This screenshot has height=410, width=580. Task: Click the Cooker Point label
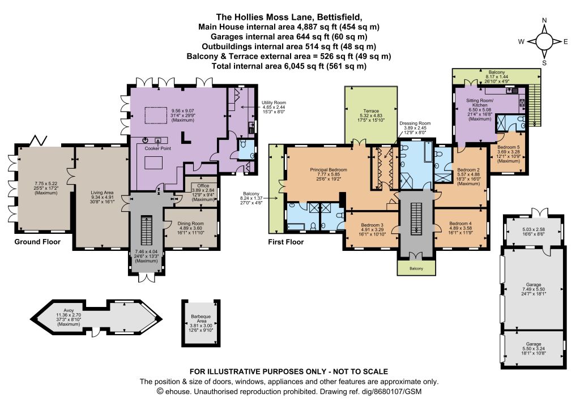click(x=158, y=148)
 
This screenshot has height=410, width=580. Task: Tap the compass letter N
click(x=544, y=21)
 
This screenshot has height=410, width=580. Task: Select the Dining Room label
click(x=190, y=223)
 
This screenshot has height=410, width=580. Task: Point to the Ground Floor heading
click(x=37, y=242)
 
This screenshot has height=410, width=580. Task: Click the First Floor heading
click(x=286, y=242)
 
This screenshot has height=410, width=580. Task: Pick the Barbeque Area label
click(x=201, y=319)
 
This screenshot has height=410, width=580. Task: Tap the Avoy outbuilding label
click(x=69, y=310)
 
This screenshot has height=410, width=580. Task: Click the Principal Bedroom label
click(x=329, y=170)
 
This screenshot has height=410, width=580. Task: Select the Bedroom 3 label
click(x=372, y=225)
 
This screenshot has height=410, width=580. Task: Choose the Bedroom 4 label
click(x=460, y=223)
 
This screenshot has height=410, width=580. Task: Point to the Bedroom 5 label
click(x=509, y=147)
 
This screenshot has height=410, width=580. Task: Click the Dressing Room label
click(x=415, y=123)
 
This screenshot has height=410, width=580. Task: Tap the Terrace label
click(x=371, y=111)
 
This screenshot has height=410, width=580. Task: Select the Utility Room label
click(x=274, y=103)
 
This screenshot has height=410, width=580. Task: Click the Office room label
click(x=203, y=186)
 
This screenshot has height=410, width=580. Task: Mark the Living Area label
click(x=102, y=193)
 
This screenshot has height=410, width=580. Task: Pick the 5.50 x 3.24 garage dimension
click(x=534, y=349)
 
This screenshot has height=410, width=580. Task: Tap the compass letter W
click(x=521, y=42)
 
